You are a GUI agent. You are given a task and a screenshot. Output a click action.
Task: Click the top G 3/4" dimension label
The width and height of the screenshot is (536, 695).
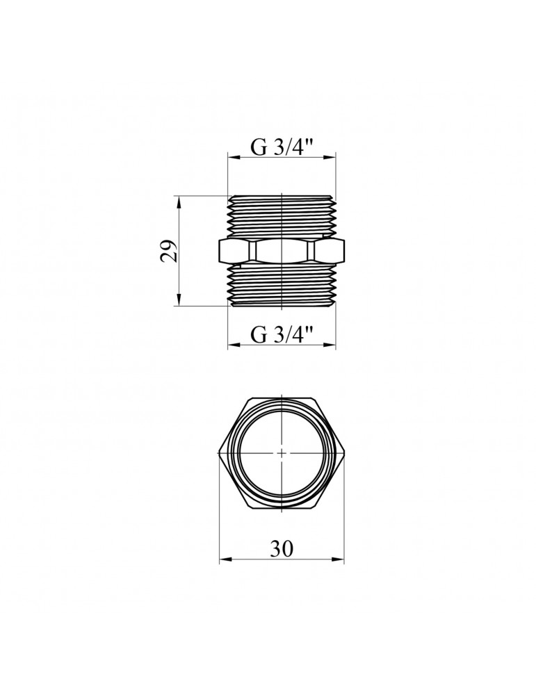(x=282, y=148)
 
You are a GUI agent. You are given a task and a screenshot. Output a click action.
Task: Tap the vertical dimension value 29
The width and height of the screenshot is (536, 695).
(x=169, y=250)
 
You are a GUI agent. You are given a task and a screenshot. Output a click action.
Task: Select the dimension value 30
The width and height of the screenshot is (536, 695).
(x=282, y=548)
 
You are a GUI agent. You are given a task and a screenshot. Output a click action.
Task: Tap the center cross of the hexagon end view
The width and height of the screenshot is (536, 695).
(x=282, y=452)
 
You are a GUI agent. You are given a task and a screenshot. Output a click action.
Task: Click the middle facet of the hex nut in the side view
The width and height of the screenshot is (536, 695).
(x=282, y=250)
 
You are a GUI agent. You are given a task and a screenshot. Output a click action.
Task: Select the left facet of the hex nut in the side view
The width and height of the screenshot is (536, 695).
(x=235, y=250)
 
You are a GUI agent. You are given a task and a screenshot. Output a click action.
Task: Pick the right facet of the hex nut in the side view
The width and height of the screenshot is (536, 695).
(x=329, y=250)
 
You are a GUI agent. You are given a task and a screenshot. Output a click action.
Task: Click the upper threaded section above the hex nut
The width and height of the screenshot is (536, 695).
(x=282, y=215)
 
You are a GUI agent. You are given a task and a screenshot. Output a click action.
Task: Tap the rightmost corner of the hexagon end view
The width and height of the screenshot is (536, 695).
(x=344, y=452)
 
